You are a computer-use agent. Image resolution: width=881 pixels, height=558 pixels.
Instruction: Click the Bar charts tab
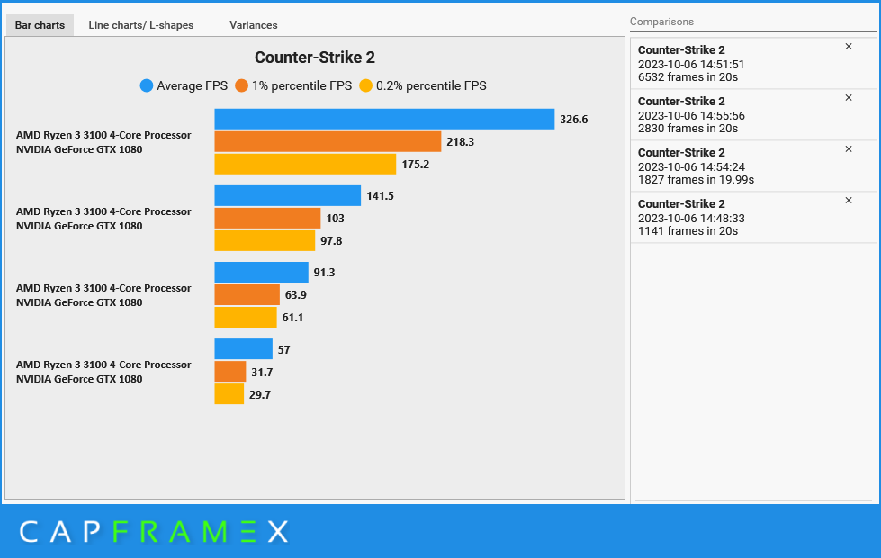tap(40, 25)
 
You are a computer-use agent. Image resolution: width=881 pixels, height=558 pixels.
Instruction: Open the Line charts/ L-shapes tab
tap(140, 25)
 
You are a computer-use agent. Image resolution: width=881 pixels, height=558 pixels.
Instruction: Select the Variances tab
tap(253, 25)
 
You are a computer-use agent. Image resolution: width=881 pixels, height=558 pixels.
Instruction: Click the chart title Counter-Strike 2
tap(314, 58)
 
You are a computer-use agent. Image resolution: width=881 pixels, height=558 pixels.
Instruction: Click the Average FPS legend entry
tap(184, 86)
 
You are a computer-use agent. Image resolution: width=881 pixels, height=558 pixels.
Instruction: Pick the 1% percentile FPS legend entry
tap(293, 86)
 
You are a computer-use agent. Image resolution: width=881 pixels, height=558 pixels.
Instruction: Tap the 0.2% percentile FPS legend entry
tap(423, 86)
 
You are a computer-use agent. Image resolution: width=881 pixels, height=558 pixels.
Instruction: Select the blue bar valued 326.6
tap(384, 119)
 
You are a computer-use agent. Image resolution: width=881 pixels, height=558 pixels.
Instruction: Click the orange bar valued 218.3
tap(328, 141)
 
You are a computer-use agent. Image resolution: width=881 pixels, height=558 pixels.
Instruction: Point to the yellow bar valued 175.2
tap(305, 164)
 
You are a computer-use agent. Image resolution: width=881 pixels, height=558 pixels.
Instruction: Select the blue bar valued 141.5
tap(287, 195)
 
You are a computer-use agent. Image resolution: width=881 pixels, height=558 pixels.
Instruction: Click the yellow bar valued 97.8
tap(265, 240)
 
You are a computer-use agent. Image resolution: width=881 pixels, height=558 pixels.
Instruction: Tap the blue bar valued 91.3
tap(261, 272)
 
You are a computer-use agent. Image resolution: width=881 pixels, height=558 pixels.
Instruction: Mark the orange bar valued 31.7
tap(229, 371)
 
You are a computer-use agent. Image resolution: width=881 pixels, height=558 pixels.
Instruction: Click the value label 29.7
tap(260, 394)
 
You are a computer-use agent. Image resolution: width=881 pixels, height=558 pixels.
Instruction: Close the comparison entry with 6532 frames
tap(848, 47)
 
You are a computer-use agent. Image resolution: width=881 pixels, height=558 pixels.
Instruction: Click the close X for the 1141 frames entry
tap(848, 201)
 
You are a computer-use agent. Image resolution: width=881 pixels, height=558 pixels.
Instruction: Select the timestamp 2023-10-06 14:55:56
tap(691, 116)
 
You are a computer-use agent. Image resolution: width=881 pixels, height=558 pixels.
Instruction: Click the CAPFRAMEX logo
tap(154, 532)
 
